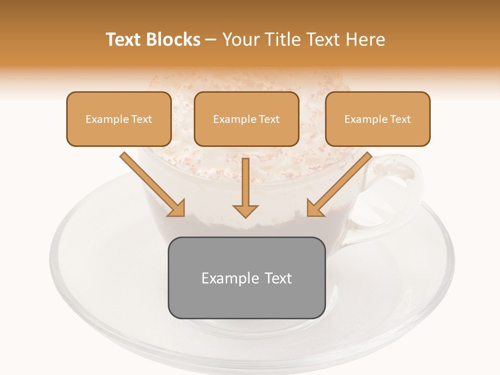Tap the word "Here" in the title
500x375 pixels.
coord(366,40)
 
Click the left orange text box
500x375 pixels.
coord(119,119)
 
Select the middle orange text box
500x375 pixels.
coord(246,119)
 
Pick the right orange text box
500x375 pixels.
coord(378,119)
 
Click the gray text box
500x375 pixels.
coord(247,278)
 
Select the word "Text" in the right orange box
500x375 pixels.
coord(400,119)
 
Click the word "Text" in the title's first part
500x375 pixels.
coord(124,40)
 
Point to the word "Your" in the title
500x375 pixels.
coord(240,40)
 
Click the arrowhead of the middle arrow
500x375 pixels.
coord(245,211)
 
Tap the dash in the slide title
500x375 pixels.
coord(211,40)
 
